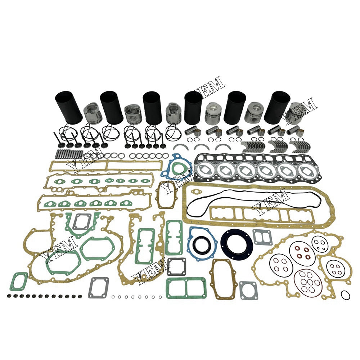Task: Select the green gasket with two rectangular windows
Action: tap(186, 288)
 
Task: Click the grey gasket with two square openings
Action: tap(262, 237)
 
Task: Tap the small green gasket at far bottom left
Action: tap(18, 281)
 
